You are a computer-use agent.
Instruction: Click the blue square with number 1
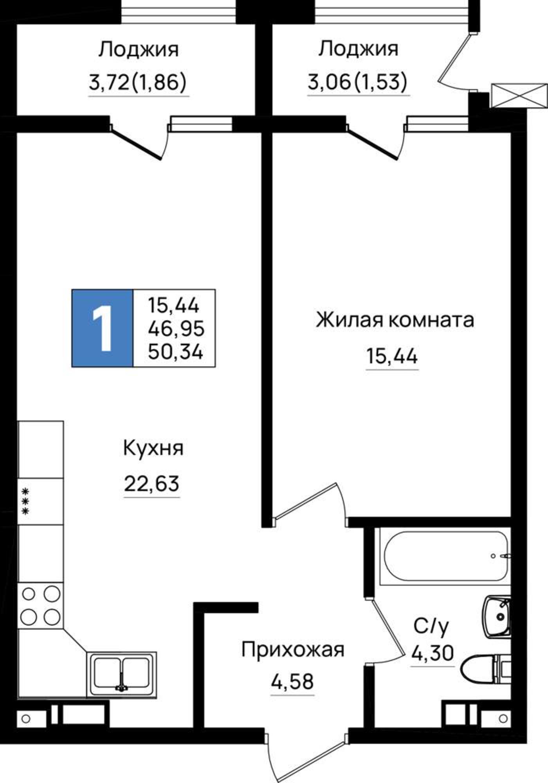click(x=102, y=328)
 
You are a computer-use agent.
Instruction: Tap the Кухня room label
click(x=153, y=448)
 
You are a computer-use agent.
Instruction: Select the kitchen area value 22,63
click(x=152, y=484)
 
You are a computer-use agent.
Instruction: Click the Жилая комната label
click(x=395, y=320)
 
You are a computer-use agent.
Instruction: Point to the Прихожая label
click(x=293, y=650)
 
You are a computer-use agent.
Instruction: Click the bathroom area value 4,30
click(x=433, y=653)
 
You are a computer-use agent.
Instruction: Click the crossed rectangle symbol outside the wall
click(x=519, y=95)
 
